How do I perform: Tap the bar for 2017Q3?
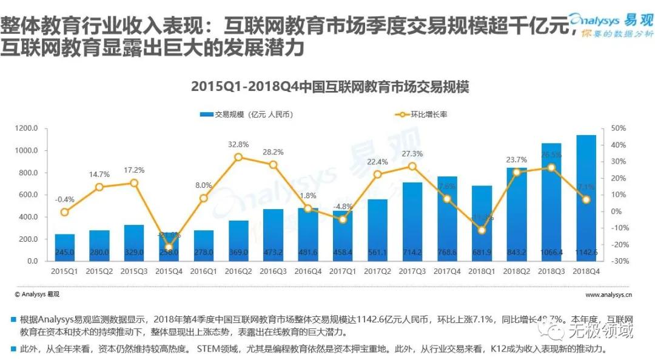click(412, 221)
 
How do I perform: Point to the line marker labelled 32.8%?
click(238, 157)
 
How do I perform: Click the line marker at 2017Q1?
click(343, 219)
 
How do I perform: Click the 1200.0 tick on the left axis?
click(28, 128)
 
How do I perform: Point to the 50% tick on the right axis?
click(618, 128)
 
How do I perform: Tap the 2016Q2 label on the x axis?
click(238, 272)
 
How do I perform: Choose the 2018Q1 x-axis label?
click(482, 272)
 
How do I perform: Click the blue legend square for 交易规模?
click(204, 114)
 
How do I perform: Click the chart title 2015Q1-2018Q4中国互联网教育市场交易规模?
click(330, 86)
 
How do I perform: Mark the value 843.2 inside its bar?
click(516, 253)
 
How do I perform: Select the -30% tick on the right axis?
click(618, 261)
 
